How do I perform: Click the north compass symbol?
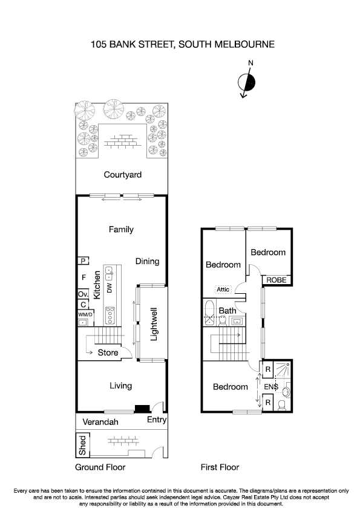pyautogui.click(x=247, y=82)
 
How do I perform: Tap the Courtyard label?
pyautogui.click(x=122, y=175)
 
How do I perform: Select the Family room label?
pyautogui.click(x=121, y=230)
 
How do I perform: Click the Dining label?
pyautogui.click(x=147, y=262)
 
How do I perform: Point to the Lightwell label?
pyautogui.click(x=154, y=325)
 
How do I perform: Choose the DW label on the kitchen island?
pyautogui.click(x=110, y=288)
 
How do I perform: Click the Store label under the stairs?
pyautogui.click(x=108, y=352)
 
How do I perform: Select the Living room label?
pyautogui.click(x=120, y=386)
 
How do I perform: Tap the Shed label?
pyautogui.click(x=82, y=445)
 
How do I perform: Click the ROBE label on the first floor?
pyautogui.click(x=277, y=280)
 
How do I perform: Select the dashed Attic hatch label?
pyautogui.click(x=223, y=290)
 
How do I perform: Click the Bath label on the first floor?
pyautogui.click(x=227, y=311)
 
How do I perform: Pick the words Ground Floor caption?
pyautogui.click(x=100, y=467)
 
